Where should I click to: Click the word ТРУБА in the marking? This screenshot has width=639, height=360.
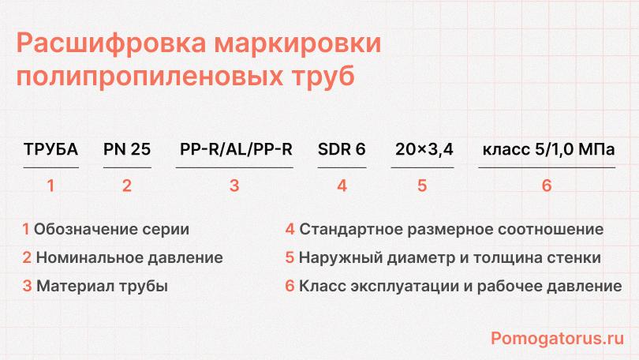point(51,149)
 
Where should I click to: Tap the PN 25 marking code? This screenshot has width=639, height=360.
point(127,149)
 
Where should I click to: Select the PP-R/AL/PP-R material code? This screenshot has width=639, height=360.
point(236,149)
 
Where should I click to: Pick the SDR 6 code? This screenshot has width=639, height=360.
point(342,149)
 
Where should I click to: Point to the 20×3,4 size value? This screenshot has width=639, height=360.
point(423,149)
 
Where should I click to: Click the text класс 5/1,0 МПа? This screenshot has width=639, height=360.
point(547,149)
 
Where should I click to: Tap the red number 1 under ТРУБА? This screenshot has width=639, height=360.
point(51,186)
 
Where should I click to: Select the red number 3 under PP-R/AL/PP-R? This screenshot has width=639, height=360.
point(234,186)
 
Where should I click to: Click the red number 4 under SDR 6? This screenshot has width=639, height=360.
point(342,186)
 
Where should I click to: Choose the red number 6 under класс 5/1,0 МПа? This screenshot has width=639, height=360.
point(547,186)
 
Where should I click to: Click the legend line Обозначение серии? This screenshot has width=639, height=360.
point(112,231)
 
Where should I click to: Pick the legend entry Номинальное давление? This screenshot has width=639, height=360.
point(129,257)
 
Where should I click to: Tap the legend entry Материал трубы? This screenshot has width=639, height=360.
point(102,285)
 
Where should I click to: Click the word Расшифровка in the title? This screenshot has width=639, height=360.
point(98,44)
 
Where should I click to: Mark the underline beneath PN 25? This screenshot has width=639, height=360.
point(127,168)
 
